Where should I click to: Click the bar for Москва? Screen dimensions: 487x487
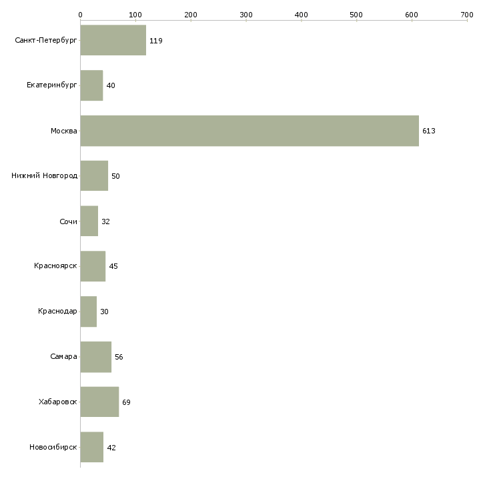pyautogui.click(x=250, y=131)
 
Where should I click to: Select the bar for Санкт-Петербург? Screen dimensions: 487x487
pyautogui.click(x=113, y=40)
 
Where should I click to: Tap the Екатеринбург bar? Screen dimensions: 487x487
pyautogui.click(x=91, y=85)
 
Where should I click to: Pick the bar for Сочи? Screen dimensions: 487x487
pyautogui.click(x=89, y=221)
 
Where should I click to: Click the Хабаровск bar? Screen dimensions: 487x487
pyautogui.click(x=99, y=402)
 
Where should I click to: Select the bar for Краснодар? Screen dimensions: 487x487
pyautogui.click(x=89, y=312)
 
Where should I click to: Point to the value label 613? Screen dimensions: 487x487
pyautogui.click(x=429, y=131)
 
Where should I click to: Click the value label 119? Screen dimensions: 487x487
pyautogui.click(x=156, y=41)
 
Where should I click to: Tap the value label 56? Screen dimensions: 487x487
pyautogui.click(x=119, y=357)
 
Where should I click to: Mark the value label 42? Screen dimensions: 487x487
pyautogui.click(x=111, y=448)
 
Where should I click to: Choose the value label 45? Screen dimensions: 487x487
pyautogui.click(x=113, y=266)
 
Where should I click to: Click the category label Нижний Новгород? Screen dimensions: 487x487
pyautogui.click(x=45, y=176)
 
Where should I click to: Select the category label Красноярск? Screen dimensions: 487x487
pyautogui.click(x=55, y=266)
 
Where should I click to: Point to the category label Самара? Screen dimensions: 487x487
pyautogui.click(x=63, y=356)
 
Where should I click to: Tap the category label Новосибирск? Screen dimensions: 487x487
pyautogui.click(x=53, y=447)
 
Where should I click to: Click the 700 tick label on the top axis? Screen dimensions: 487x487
pyautogui.click(x=467, y=15)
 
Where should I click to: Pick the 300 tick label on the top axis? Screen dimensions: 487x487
pyautogui.click(x=246, y=15)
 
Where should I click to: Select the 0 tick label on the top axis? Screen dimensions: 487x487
pyautogui.click(x=81, y=15)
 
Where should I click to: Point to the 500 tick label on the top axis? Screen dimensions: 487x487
pyautogui.click(x=356, y=15)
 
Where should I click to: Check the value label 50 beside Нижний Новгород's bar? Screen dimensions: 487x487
pyautogui.click(x=115, y=176)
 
